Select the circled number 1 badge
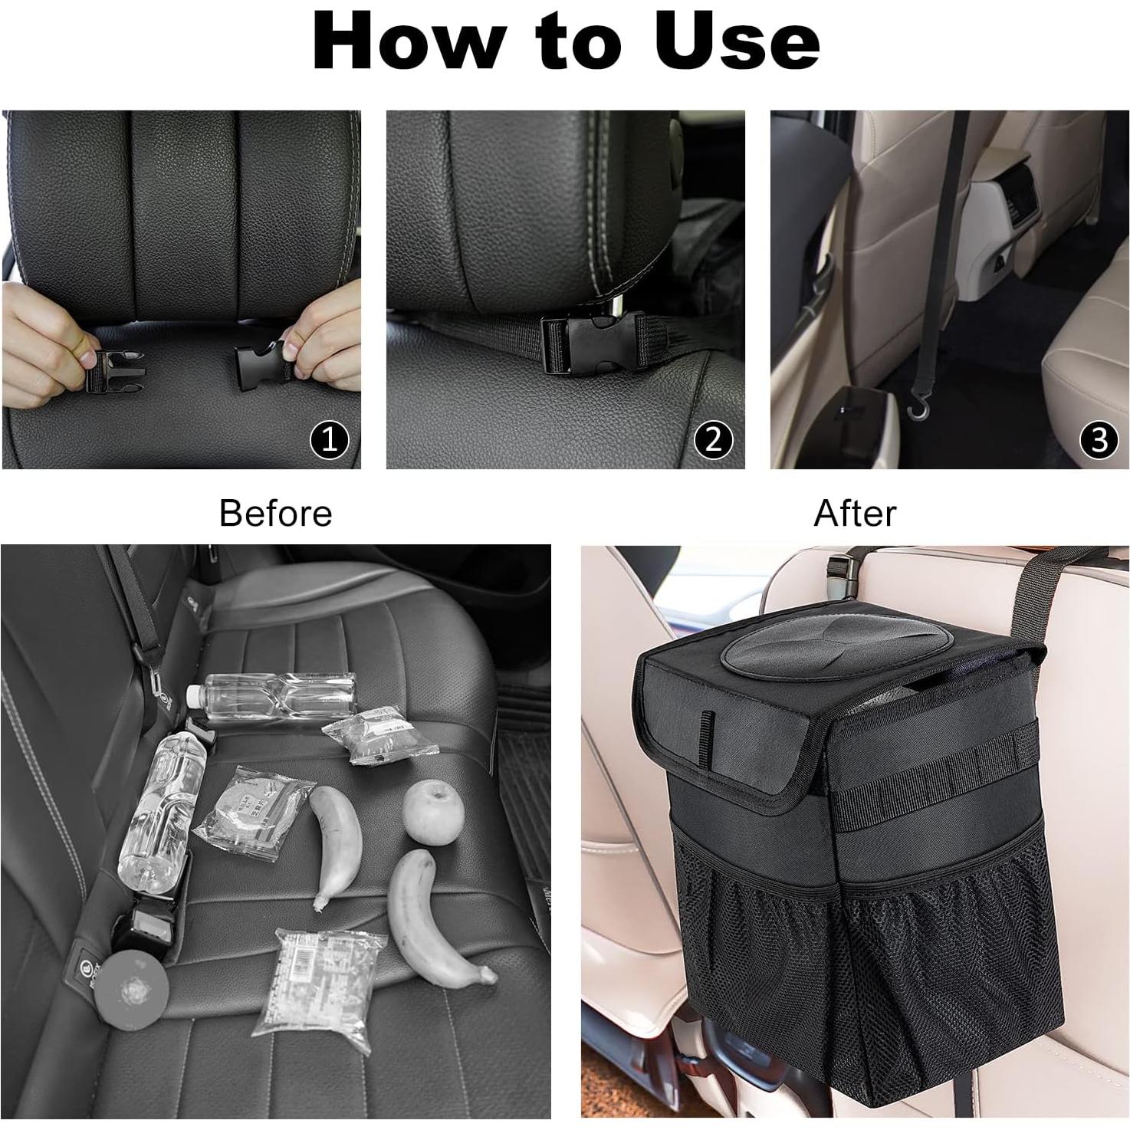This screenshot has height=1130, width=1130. click(329, 440)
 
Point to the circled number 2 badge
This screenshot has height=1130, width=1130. click(714, 440)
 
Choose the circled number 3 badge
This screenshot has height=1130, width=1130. click(1099, 440)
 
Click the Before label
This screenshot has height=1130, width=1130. click(275, 513)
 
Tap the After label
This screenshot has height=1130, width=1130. click(854, 513)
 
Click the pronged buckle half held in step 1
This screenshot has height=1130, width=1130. click(107, 370)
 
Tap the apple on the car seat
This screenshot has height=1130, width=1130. click(433, 812)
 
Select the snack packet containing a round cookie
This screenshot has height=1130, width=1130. click(253, 812)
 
